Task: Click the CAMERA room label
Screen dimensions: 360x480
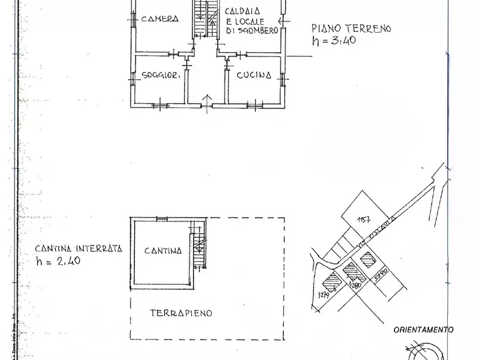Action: [159, 19]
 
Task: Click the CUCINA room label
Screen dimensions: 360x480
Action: [253, 76]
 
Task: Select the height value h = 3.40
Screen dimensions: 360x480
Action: [334, 41]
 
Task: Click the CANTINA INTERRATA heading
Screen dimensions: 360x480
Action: [78, 249]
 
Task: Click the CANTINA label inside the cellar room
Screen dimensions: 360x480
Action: [163, 250]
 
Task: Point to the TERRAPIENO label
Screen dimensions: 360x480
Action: [181, 313]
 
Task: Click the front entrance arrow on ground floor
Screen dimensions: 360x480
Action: [207, 100]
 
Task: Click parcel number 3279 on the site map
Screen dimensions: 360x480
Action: [324, 294]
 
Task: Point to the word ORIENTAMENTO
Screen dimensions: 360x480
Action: [423, 330]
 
